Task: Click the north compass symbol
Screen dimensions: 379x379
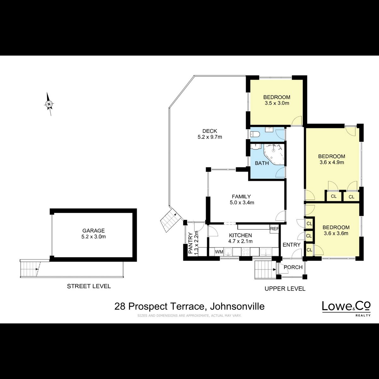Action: pos(49,104)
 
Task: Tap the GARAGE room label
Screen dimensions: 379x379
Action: pos(93,230)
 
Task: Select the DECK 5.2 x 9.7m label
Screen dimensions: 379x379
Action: pos(210,134)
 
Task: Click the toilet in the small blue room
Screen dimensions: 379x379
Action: pos(255,135)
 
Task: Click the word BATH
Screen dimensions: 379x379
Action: pos(262,163)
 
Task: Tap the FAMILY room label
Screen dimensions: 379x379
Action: pos(241,196)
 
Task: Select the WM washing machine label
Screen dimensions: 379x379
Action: pos(219,252)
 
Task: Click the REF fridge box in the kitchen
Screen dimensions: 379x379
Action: pos(274,229)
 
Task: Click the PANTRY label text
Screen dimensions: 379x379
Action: pos(190,243)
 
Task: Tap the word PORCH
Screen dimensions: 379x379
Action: pos(293,267)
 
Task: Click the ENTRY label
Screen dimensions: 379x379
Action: pos(292,245)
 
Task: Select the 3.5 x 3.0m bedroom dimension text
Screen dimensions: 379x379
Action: pos(277,103)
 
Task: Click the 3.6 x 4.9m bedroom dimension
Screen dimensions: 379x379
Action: pos(332,162)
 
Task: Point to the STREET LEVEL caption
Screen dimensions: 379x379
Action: pos(89,286)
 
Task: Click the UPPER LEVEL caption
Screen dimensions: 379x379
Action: pos(285,289)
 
